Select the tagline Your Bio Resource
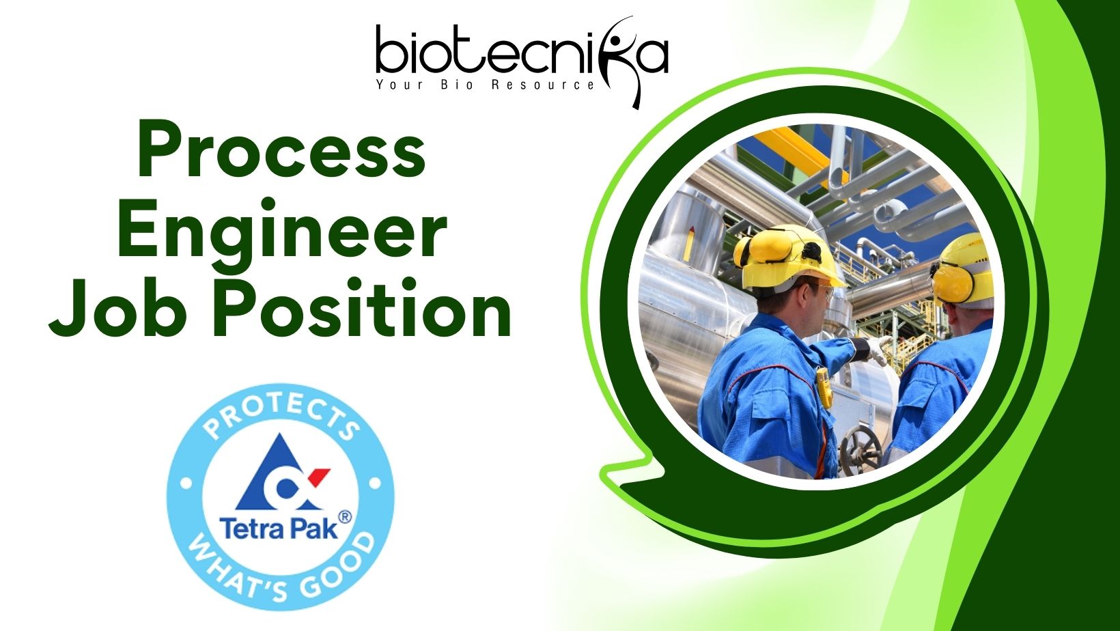485,85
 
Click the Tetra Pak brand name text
279,529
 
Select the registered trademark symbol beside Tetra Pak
345,517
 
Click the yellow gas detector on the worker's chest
824,387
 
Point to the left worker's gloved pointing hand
878,350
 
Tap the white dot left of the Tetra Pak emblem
186,484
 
